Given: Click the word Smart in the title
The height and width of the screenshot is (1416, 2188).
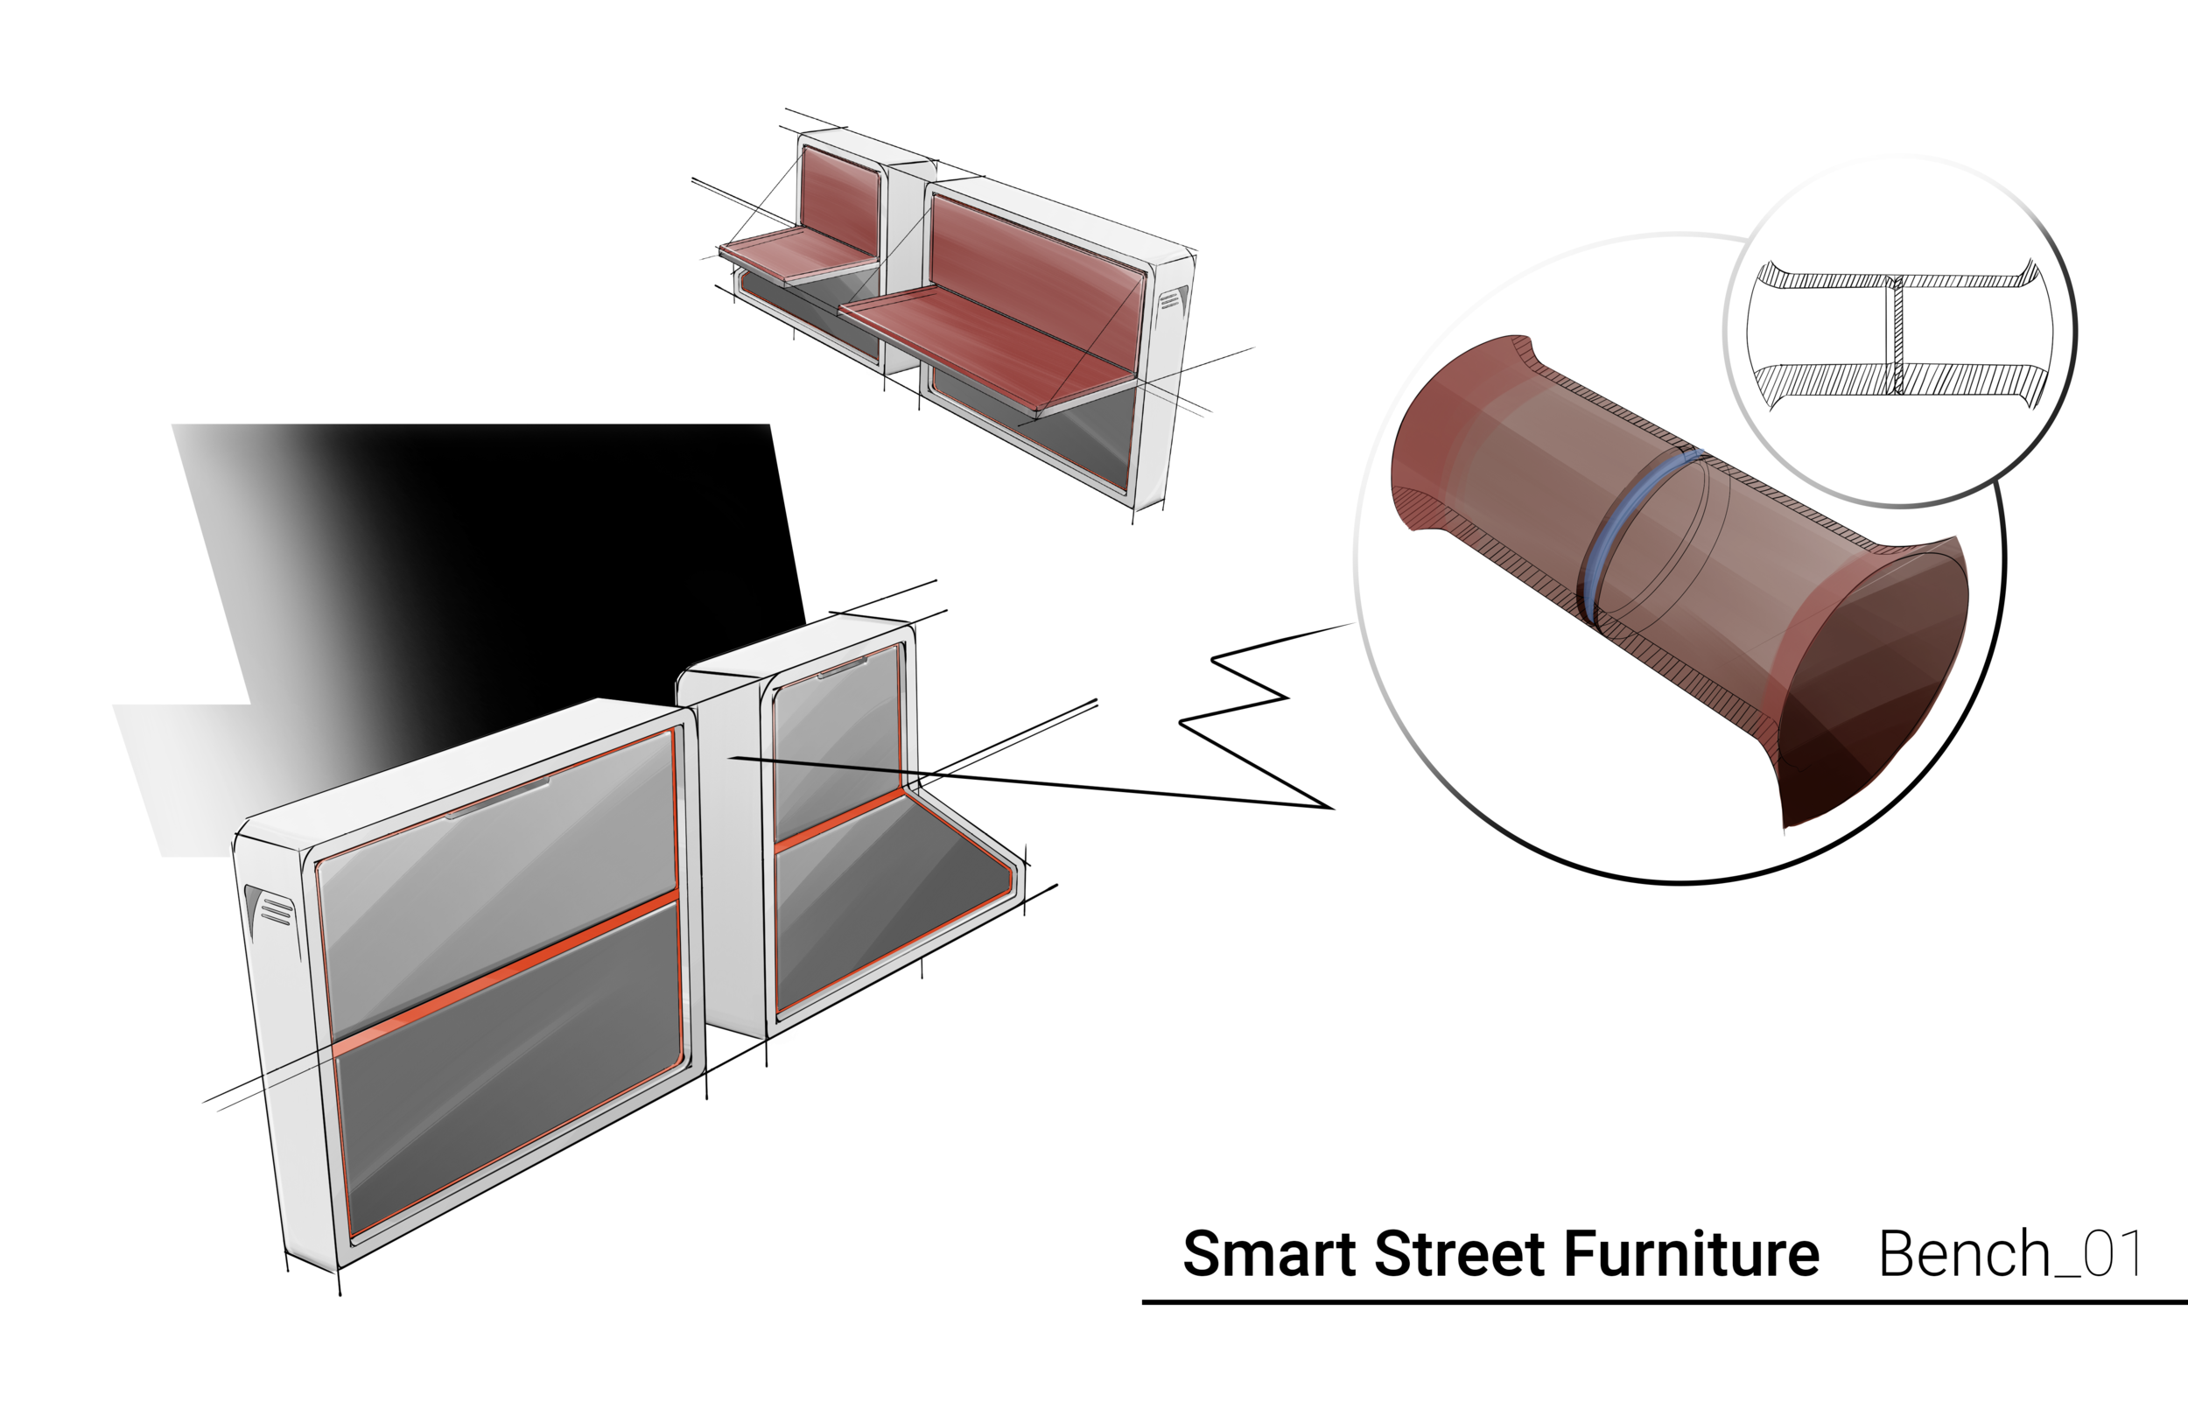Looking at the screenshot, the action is pos(1269,1254).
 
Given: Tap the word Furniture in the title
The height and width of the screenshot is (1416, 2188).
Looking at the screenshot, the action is pos(1691,1254).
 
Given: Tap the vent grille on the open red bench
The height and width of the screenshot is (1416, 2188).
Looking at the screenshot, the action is pos(1169,302).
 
